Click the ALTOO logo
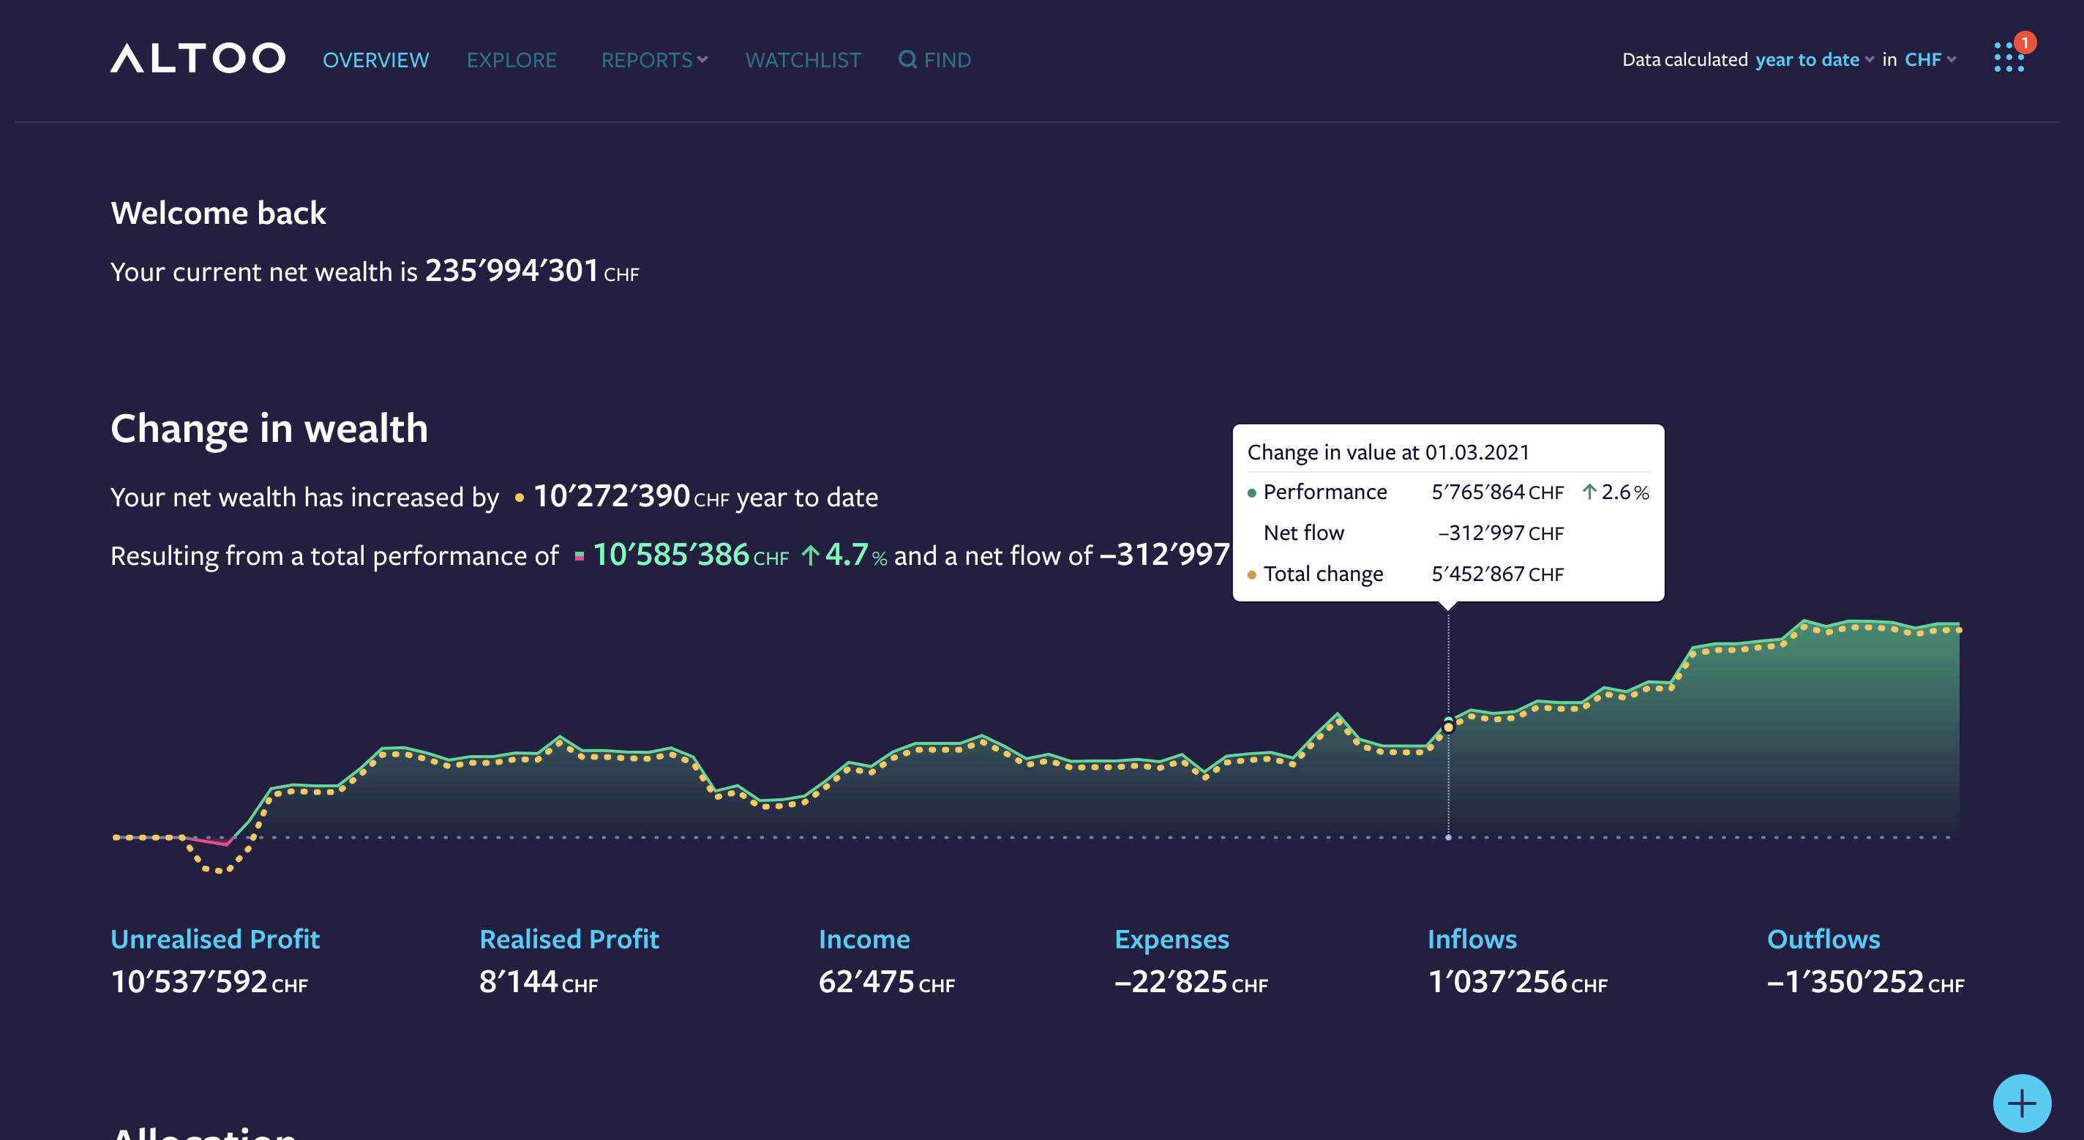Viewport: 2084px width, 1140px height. click(x=198, y=59)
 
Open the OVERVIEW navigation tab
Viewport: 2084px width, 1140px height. click(x=375, y=60)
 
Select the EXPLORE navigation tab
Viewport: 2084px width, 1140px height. click(x=511, y=60)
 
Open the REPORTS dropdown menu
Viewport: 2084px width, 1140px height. click(x=653, y=60)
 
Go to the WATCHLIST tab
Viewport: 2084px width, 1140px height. click(x=803, y=60)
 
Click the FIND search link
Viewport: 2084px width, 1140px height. click(x=935, y=60)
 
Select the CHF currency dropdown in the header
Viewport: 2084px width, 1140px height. click(x=1930, y=60)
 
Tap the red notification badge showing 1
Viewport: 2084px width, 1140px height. click(x=2024, y=42)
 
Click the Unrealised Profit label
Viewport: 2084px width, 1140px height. click(x=215, y=939)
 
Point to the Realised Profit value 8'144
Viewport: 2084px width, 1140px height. click(x=519, y=981)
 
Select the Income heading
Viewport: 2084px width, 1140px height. click(x=864, y=939)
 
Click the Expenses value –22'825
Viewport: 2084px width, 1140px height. click(x=1172, y=981)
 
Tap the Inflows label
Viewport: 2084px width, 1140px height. click(x=1472, y=939)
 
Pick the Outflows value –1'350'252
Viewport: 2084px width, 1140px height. click(x=1845, y=981)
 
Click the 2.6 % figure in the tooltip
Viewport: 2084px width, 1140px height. click(x=1624, y=492)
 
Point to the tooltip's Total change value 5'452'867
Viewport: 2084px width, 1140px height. click(x=1478, y=574)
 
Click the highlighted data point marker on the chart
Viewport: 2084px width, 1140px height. click(x=1448, y=727)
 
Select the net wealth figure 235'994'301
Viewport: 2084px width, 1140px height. click(x=511, y=271)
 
